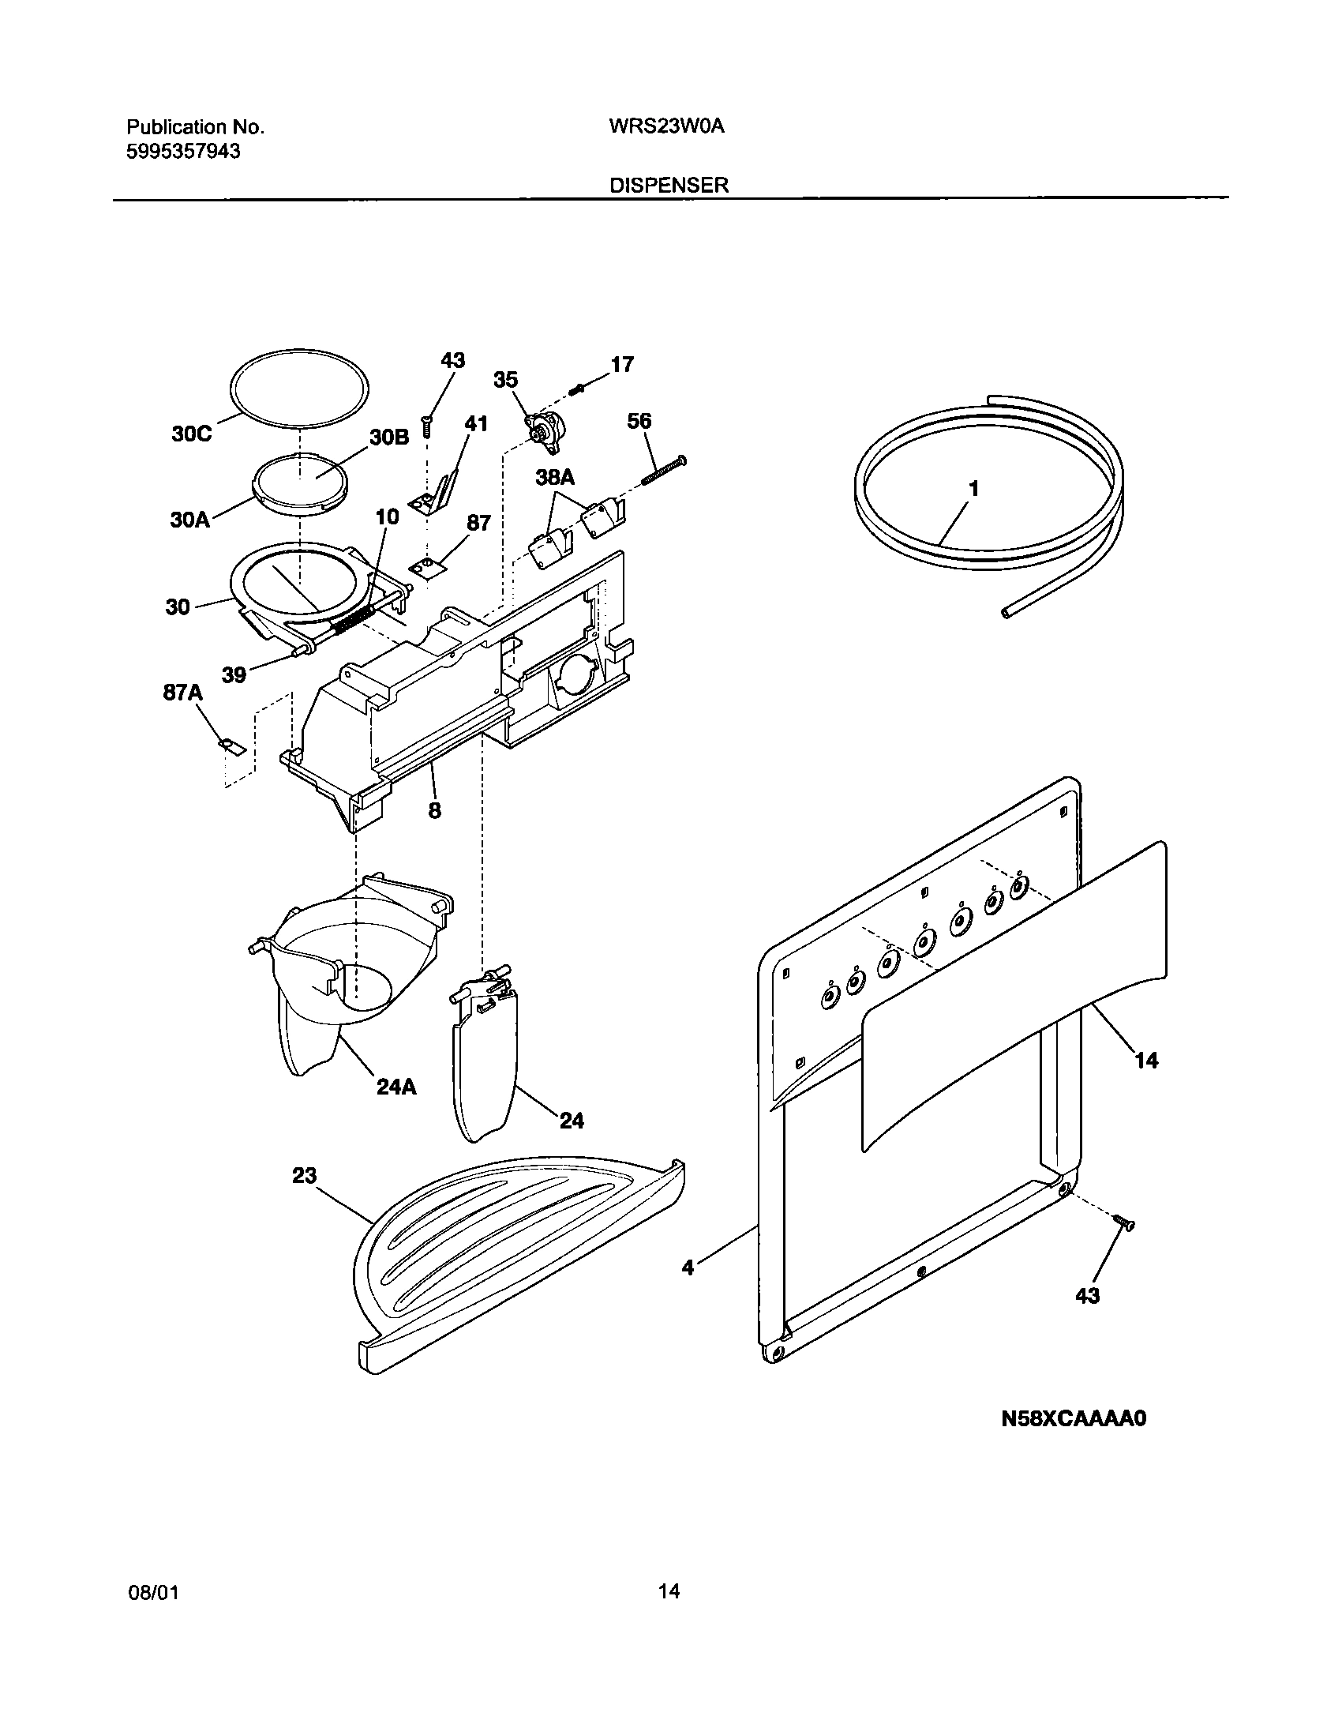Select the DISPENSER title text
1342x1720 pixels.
click(x=669, y=186)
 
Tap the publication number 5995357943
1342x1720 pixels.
click(x=183, y=151)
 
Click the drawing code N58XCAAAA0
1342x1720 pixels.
click(x=1073, y=1419)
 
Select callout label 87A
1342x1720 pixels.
click(x=183, y=693)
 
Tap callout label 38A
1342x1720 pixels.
click(x=555, y=477)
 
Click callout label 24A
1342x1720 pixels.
click(x=396, y=1087)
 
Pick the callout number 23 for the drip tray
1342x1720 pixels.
click(x=304, y=1197)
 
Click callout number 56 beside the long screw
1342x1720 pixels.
click(x=639, y=421)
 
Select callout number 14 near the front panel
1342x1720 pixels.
click(x=1146, y=1061)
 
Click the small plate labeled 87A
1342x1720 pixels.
click(x=231, y=745)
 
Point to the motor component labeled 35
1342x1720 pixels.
click(x=543, y=432)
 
